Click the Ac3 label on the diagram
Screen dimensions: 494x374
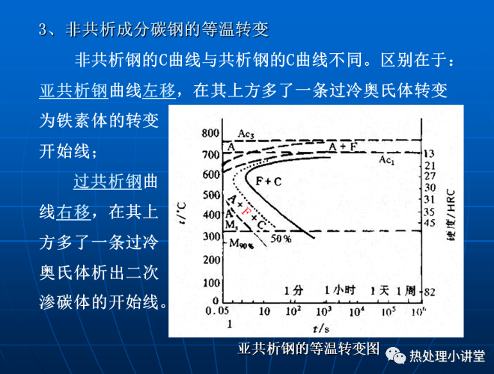click(x=246, y=134)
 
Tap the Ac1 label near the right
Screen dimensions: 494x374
click(x=386, y=160)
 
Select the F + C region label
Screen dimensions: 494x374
click(x=269, y=181)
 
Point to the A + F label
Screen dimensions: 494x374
click(x=343, y=147)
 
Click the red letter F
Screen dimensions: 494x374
click(x=246, y=211)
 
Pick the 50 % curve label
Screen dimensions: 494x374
click(x=281, y=239)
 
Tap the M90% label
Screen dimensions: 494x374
click(x=241, y=243)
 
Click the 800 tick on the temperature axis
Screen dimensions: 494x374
click(x=210, y=133)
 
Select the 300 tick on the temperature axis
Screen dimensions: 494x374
click(x=211, y=236)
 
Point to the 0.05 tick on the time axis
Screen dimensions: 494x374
click(x=217, y=310)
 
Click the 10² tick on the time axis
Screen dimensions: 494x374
click(x=293, y=311)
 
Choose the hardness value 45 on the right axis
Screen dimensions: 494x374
click(x=430, y=223)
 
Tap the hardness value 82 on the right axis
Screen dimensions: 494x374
click(x=430, y=292)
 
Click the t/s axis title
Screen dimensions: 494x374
click(x=321, y=328)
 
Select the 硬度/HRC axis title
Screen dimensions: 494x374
click(x=451, y=215)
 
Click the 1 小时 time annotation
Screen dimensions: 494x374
click(x=340, y=290)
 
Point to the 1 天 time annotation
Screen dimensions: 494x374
click(x=379, y=290)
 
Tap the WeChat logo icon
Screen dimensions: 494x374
click(x=396, y=356)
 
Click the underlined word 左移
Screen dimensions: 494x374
click(x=159, y=91)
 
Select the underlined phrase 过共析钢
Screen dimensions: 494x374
click(x=108, y=181)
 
